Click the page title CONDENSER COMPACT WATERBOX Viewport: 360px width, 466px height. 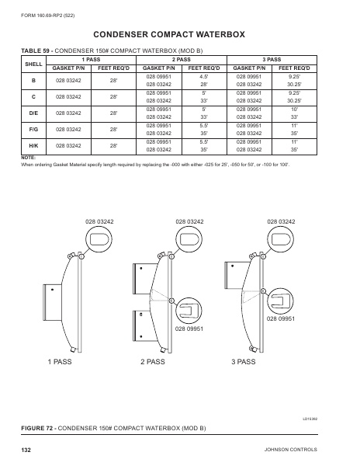[x=179, y=35]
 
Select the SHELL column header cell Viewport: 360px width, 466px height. [x=33, y=64]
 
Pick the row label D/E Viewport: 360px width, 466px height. [x=33, y=113]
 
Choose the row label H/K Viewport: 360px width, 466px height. [x=33, y=145]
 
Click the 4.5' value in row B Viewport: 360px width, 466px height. [x=204, y=77]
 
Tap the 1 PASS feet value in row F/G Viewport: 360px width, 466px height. [x=113, y=129]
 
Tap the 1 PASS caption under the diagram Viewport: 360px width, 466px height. [x=61, y=363]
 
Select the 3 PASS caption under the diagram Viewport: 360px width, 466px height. [x=244, y=363]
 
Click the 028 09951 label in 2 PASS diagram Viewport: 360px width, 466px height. [x=189, y=329]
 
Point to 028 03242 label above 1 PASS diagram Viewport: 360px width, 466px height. [x=99, y=222]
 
